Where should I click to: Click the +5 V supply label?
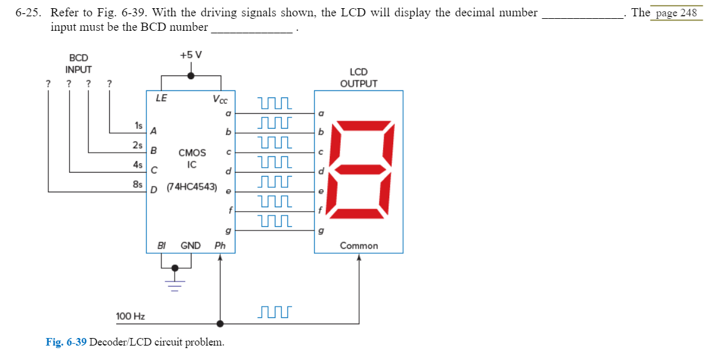tap(191, 55)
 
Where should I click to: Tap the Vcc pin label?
tap(220, 99)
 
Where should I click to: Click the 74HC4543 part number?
tap(192, 187)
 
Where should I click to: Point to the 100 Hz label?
tap(131, 315)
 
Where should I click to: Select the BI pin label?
tap(161, 246)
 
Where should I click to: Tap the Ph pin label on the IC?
tap(220, 246)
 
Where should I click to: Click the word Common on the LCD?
tap(359, 246)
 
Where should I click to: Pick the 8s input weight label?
tap(137, 184)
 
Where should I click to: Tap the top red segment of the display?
tap(363, 123)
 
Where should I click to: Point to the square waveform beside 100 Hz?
tap(274, 312)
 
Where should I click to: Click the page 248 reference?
tap(676, 13)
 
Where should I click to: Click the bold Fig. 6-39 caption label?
tap(66, 342)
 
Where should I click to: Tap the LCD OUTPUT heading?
tap(359, 78)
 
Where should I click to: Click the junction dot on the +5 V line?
tap(191, 75)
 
